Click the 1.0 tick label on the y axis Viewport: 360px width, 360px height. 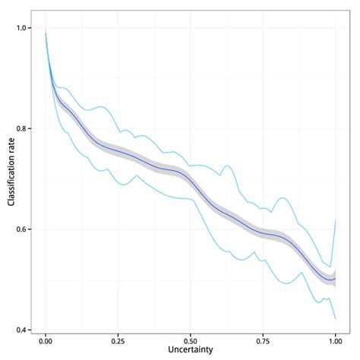click(x=22, y=28)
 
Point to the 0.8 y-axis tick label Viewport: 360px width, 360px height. click(x=22, y=128)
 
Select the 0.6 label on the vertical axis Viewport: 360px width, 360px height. click(x=22, y=229)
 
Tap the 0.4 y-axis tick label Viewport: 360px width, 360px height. click(x=22, y=330)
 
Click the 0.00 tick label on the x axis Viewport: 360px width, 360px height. click(x=46, y=342)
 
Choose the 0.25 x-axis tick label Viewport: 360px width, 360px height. click(x=118, y=342)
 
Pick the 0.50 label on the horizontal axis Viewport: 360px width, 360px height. click(x=191, y=342)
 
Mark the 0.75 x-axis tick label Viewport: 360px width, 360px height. click(x=263, y=342)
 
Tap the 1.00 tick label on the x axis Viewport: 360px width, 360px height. click(x=335, y=342)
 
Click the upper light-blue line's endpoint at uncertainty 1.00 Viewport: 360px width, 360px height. click(x=335, y=221)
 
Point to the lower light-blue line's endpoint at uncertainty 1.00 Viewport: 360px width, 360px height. click(x=335, y=318)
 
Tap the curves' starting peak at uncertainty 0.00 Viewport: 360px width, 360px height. click(x=46, y=33)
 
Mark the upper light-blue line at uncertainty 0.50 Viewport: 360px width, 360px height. click(x=191, y=166)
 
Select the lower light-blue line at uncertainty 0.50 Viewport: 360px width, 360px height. click(x=191, y=199)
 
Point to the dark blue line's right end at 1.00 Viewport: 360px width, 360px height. click(x=335, y=278)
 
